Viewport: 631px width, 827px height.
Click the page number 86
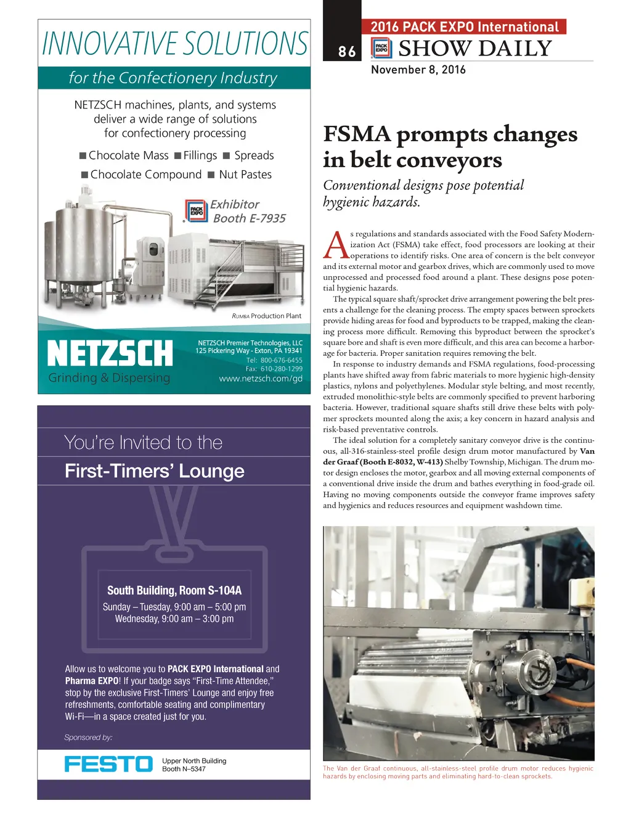(x=347, y=52)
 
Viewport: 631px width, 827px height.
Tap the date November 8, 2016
(x=418, y=70)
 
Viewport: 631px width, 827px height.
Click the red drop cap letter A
(x=336, y=245)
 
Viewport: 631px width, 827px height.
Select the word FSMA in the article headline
(x=357, y=134)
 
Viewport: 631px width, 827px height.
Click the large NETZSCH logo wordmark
(x=110, y=353)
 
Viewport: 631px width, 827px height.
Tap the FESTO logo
(x=108, y=764)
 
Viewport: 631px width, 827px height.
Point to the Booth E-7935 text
(x=249, y=218)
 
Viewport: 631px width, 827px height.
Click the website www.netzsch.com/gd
(x=261, y=379)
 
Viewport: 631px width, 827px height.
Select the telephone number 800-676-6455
(x=281, y=360)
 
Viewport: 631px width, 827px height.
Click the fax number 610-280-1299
(x=281, y=369)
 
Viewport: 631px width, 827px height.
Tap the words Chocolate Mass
(x=128, y=155)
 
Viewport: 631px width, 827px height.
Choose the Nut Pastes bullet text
(x=245, y=175)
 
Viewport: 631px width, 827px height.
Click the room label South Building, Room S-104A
(x=174, y=590)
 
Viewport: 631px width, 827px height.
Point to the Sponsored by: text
(x=88, y=738)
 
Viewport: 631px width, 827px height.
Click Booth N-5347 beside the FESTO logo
(x=184, y=769)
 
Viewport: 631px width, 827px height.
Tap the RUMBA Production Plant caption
(x=267, y=316)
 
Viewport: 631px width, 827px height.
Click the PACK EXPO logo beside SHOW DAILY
(x=381, y=48)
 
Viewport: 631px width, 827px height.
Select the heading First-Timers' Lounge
(x=155, y=471)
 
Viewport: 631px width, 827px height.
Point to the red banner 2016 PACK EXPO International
(x=465, y=27)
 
